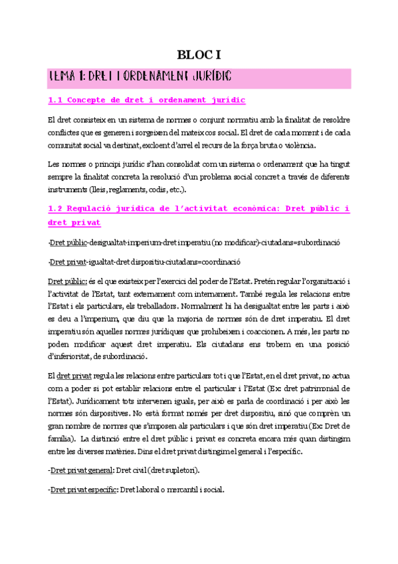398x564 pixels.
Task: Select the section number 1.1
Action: pos(58,100)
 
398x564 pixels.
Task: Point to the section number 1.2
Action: pos(58,208)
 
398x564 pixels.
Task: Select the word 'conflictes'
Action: pos(64,132)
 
